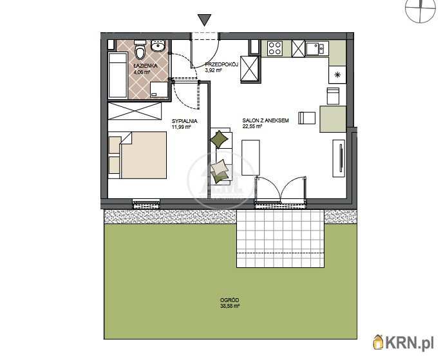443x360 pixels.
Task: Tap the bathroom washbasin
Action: click(x=158, y=46)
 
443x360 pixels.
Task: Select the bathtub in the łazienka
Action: click(x=118, y=75)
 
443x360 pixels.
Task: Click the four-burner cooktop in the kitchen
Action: click(x=275, y=48)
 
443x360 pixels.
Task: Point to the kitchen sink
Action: click(x=317, y=48)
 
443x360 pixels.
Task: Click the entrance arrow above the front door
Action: click(x=204, y=20)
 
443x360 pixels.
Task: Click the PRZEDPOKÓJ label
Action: click(x=221, y=64)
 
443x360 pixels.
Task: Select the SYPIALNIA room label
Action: click(x=185, y=121)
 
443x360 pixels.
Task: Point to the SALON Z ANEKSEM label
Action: click(x=265, y=120)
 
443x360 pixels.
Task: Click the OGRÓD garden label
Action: click(x=229, y=300)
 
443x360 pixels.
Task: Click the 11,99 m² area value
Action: click(x=182, y=127)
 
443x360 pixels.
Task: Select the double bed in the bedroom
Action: click(x=138, y=155)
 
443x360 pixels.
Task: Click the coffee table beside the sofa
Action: click(x=250, y=158)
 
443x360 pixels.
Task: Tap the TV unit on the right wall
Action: click(x=339, y=158)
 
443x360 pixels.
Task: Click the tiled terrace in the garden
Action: click(x=280, y=239)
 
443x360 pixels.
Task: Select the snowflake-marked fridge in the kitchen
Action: click(x=337, y=75)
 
